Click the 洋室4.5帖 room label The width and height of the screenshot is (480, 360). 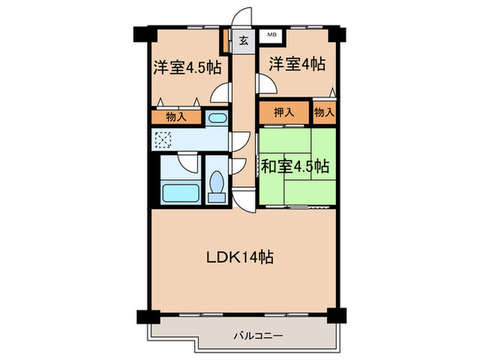pos(187,68)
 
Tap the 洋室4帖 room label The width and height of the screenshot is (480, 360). pos(296,65)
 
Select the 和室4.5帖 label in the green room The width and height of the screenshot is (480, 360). pos(295,167)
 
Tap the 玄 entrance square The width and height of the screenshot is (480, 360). pos(243,40)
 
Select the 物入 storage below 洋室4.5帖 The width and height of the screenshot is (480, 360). pos(176,117)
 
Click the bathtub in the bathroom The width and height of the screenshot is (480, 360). pos(180,192)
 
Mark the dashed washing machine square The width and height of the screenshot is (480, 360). pos(164,140)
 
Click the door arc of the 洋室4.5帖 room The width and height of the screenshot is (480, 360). pos(220,92)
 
